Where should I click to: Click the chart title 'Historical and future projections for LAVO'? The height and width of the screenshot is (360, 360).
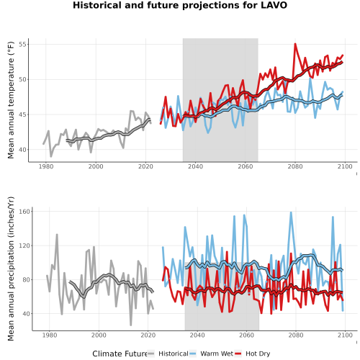point(180,5)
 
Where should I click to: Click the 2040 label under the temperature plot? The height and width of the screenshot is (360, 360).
point(195,166)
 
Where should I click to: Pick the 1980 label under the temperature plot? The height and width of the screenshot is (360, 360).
point(46,166)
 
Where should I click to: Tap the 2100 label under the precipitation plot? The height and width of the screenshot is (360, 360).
point(345,335)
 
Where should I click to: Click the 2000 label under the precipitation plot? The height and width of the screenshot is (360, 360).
point(99,335)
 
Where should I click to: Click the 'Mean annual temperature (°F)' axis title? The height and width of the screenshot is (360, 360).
point(11,100)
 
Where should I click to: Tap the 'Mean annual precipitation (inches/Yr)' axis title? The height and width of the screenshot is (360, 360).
point(11,269)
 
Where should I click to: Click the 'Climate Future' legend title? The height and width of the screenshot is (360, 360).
point(120,354)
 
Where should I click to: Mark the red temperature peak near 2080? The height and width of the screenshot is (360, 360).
point(295,44)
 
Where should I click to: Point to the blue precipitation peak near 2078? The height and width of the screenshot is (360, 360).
point(291,212)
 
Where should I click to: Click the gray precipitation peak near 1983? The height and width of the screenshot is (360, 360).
point(57,235)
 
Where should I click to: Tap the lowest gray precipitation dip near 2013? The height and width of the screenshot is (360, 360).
point(131,325)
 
